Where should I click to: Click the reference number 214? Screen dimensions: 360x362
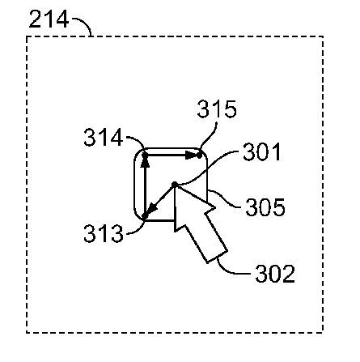pos(49,19)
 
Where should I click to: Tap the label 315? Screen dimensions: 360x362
pos(217,109)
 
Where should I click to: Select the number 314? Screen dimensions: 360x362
pos(104,138)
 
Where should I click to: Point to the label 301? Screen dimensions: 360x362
pos(262,152)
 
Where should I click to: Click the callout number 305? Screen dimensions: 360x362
pos(265,207)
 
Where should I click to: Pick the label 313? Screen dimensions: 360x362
pos(104,233)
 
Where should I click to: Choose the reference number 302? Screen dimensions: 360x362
pos(275,274)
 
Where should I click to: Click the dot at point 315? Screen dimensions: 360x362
pos(199,155)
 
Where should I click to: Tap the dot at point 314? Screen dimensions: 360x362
pos(145,155)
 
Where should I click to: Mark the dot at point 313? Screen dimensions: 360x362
pos(145,216)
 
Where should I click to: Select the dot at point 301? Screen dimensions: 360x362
pos(175,185)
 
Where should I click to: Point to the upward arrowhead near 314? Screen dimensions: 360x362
pos(145,161)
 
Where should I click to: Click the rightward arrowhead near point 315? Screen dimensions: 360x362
pos(193,155)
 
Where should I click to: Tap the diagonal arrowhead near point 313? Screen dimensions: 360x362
pos(151,209)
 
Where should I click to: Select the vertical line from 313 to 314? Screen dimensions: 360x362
pos(145,185)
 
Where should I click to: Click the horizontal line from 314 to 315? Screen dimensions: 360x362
pos(172,155)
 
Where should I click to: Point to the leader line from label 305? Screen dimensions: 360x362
pos(226,201)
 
